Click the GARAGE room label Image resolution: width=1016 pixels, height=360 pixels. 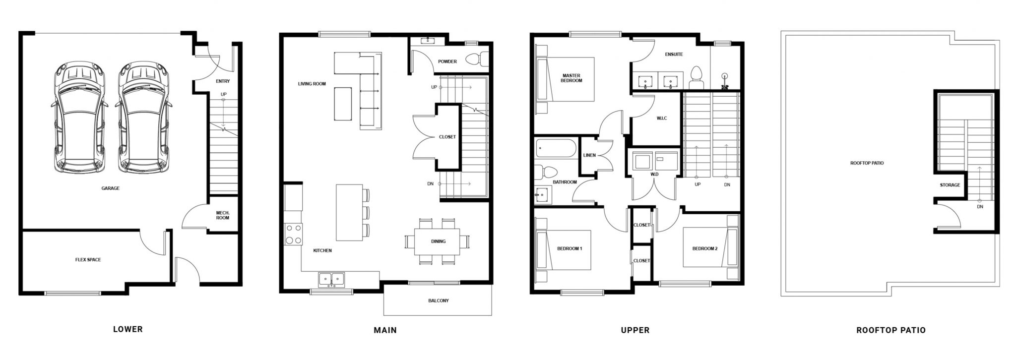coord(110,188)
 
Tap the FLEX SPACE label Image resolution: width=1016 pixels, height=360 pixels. coord(88,260)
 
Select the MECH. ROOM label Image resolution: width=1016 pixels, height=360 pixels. coord(223,215)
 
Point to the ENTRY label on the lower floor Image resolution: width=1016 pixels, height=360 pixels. coord(223,81)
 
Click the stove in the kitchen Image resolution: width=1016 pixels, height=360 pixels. coord(293,234)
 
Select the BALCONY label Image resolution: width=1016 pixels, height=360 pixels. coord(439,300)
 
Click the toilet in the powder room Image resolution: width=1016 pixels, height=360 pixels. coord(476,60)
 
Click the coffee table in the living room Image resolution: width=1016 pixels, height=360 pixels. coord(343,104)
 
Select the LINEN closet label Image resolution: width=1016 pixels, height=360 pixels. coord(589,155)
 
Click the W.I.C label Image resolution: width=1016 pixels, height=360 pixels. coord(662,118)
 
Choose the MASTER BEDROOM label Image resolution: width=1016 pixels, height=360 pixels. coord(571,78)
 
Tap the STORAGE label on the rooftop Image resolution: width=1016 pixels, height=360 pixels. coord(950,185)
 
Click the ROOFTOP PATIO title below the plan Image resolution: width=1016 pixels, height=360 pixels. coord(891,330)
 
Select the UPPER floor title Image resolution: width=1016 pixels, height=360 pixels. coord(635,330)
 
